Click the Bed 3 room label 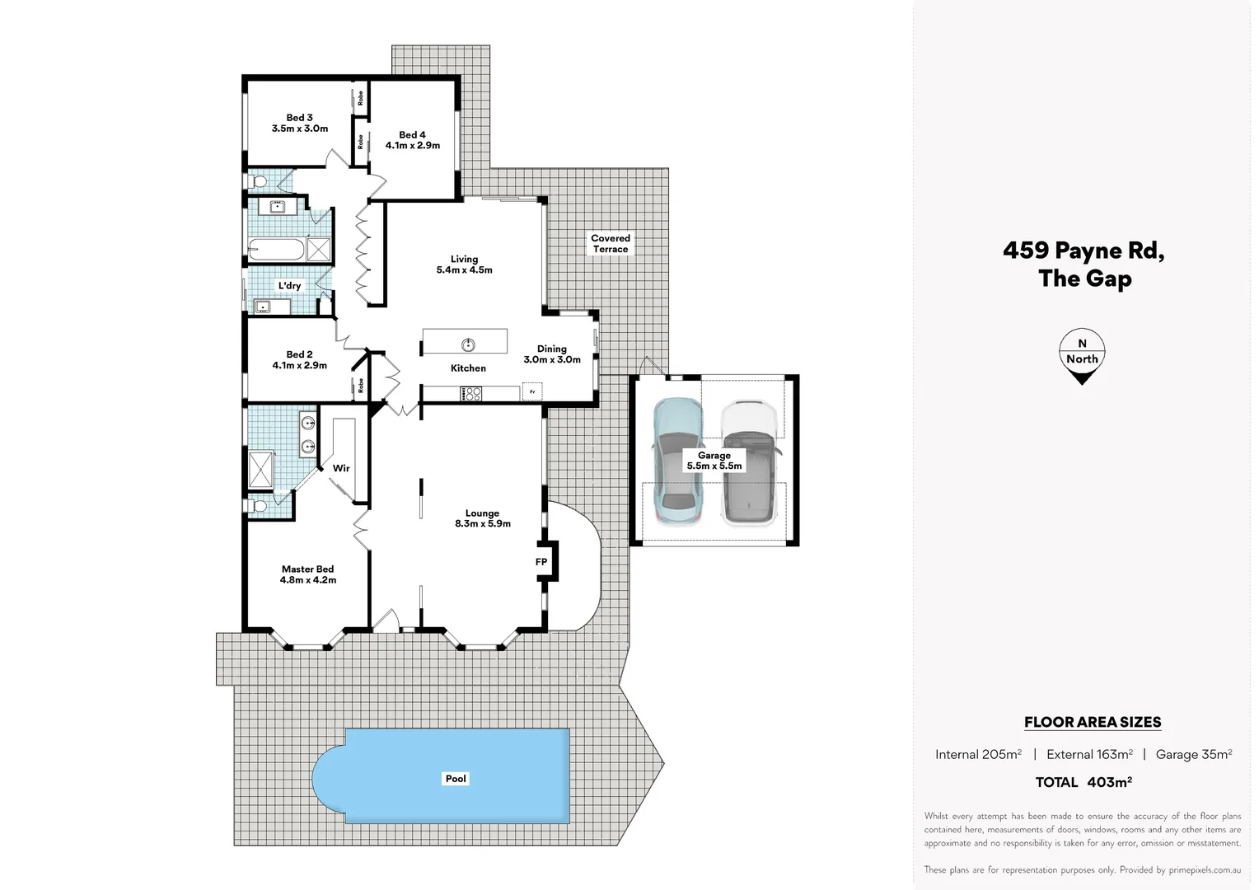click(x=300, y=123)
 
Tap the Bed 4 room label click(x=413, y=140)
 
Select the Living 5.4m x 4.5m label click(x=465, y=265)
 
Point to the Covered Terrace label click(x=611, y=243)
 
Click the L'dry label click(x=289, y=286)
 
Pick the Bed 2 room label click(x=300, y=360)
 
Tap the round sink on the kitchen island click(x=468, y=344)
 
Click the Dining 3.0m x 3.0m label click(x=552, y=354)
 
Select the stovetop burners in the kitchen click(x=470, y=394)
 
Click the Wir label click(x=341, y=468)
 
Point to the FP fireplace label click(x=541, y=562)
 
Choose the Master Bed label click(x=308, y=574)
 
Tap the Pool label click(x=456, y=779)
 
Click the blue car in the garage click(x=677, y=461)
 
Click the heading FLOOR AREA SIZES click(x=1093, y=723)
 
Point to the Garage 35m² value click(x=1194, y=754)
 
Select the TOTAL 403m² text click(x=1083, y=782)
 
